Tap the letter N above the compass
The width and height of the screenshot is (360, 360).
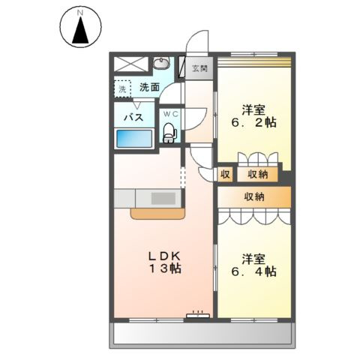click(x=79, y=12)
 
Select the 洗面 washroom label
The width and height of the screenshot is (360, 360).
click(x=149, y=87)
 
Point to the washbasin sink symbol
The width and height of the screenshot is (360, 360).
click(x=166, y=67)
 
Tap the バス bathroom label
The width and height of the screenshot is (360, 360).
click(x=133, y=117)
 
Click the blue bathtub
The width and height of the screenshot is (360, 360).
click(x=135, y=139)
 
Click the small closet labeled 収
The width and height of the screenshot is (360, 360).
click(x=225, y=175)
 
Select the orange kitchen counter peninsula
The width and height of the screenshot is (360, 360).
click(x=157, y=214)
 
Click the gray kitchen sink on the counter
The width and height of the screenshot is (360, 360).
click(x=163, y=199)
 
